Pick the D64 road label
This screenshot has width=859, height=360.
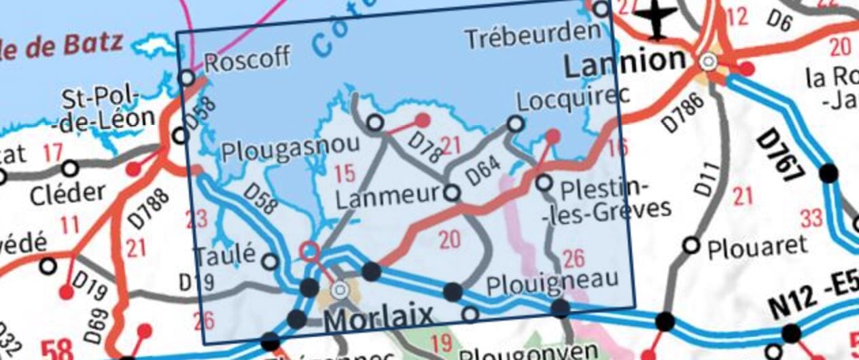[x=483, y=170]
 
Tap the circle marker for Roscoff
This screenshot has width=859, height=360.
[x=187, y=78]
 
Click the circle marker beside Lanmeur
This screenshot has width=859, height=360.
[x=452, y=194]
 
